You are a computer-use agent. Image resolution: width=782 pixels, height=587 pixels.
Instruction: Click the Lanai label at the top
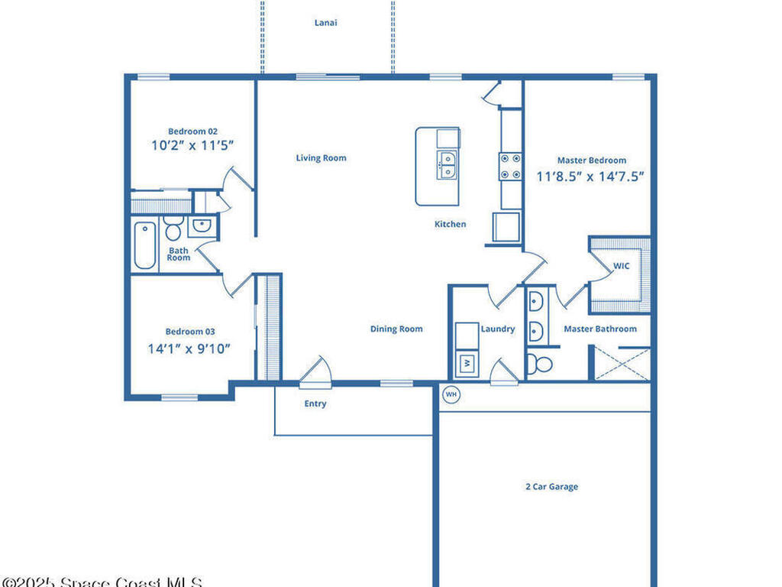coord(326,23)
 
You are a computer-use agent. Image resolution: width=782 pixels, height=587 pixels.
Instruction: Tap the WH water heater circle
coord(451,394)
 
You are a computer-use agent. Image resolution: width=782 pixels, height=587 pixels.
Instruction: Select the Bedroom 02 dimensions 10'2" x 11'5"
coord(192,145)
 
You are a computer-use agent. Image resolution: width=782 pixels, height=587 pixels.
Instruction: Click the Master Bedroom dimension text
coord(591,176)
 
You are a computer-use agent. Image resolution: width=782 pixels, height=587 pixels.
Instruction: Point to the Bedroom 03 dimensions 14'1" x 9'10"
coord(189,349)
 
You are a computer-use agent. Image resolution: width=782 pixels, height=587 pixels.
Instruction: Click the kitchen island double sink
coord(448,165)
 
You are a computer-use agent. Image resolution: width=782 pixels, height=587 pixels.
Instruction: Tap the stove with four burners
coord(510,167)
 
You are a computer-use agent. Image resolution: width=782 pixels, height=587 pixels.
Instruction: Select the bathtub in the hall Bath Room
coord(144,245)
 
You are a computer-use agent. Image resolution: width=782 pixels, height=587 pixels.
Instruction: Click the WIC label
coord(621,267)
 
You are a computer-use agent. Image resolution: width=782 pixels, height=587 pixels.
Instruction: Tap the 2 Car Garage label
coord(551,487)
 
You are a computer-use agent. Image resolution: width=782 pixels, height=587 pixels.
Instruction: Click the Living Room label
coord(321,158)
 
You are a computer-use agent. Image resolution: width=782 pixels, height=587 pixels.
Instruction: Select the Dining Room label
coord(396,329)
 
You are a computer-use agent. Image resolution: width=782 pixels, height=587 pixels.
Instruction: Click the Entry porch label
coord(315,404)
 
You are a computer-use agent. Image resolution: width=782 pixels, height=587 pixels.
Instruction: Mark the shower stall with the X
coord(622,363)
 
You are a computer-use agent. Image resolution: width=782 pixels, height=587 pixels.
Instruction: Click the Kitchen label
coord(450,224)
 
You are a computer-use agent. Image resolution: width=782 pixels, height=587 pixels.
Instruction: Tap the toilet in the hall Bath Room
coord(173,229)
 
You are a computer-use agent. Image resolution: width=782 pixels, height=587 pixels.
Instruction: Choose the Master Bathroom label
coord(599,329)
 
